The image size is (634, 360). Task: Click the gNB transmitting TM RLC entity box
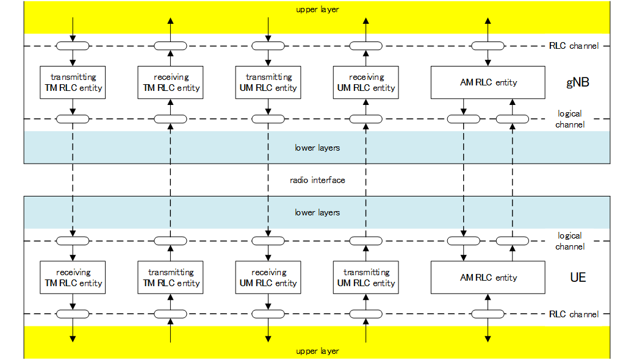tap(73, 82)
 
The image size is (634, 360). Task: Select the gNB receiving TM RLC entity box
tap(170, 82)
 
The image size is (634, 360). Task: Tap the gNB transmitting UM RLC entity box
tap(268, 82)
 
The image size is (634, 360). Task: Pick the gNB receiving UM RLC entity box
tap(366, 82)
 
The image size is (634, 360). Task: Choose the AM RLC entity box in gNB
tap(488, 82)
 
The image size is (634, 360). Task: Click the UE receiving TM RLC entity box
tap(73, 278)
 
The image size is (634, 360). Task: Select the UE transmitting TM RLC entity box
tap(170, 278)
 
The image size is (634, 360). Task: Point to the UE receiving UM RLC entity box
tap(268, 278)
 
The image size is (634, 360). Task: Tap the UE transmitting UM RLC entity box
tap(366, 278)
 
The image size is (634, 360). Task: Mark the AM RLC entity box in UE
tap(488, 278)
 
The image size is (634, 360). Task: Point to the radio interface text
tap(317, 180)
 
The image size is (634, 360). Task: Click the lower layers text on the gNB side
tap(317, 148)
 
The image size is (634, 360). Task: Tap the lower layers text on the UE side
tap(317, 212)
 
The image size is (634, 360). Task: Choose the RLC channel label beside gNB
tap(574, 46)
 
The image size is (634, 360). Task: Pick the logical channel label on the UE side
tap(570, 241)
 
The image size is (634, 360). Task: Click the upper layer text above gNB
tap(317, 10)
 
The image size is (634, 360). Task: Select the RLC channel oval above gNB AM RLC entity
tap(488, 46)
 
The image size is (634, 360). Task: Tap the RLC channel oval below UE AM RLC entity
tap(488, 314)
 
